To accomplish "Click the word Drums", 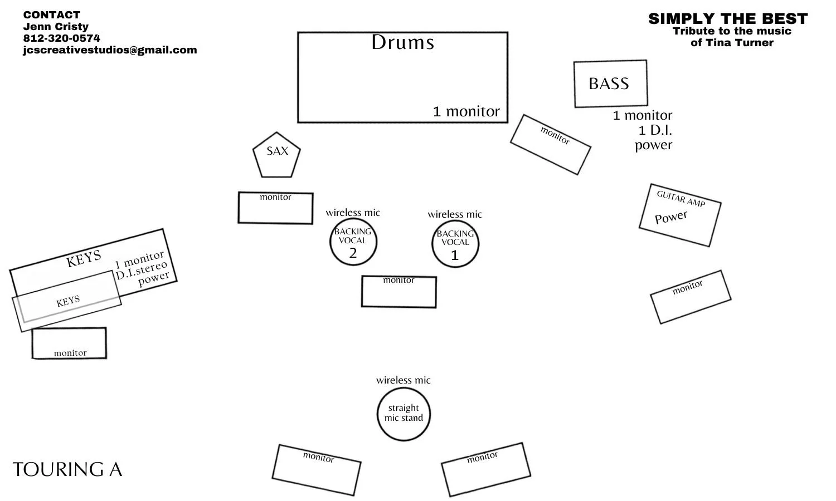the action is coord(403,42).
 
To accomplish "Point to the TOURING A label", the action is coord(67,469).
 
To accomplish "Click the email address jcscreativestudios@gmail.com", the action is coord(110,50).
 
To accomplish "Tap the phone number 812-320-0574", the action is coord(61,38).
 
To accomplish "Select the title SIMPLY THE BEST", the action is coord(728,18).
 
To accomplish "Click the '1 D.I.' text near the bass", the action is coord(655,130).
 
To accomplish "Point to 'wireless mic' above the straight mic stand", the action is coord(404,380).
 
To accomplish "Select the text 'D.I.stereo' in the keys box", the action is coord(142,271).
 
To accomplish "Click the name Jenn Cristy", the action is coord(56,27).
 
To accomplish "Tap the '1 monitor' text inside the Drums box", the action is coord(466,111).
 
